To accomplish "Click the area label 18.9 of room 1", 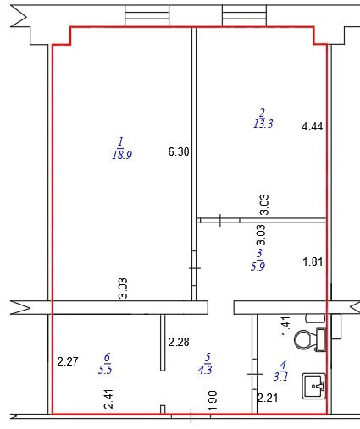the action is coord(122,155).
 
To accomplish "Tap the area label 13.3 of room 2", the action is coord(263,124).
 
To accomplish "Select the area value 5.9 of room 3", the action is coord(258,266).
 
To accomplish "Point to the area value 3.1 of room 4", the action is coord(281,377).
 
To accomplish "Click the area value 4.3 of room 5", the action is coord(205,369).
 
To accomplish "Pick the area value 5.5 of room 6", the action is coord(105,369).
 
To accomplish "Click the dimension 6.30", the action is coord(179,151).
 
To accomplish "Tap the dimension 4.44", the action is coord(313,126).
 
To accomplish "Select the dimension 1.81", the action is coord(313,261).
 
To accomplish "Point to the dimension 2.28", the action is coord(179,342).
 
